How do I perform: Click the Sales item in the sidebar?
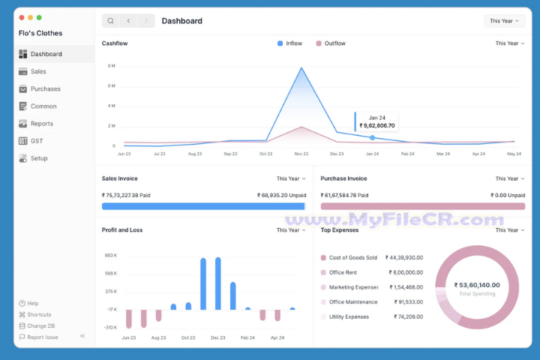(38, 71)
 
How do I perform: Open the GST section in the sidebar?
(37, 141)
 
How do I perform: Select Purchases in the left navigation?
(45, 88)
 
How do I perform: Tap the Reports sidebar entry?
(41, 124)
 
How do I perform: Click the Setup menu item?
(39, 158)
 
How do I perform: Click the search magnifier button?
(110, 21)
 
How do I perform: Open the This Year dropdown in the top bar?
(504, 21)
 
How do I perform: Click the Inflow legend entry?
(289, 43)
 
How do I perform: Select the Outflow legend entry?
(330, 43)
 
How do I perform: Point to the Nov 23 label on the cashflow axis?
(301, 154)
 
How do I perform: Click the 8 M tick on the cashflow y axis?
(111, 66)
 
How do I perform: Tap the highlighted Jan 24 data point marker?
(373, 138)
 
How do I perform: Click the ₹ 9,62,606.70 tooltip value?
(377, 126)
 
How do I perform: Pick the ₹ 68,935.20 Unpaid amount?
(281, 195)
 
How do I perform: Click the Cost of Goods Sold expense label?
(352, 257)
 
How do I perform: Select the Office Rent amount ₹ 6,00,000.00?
(404, 272)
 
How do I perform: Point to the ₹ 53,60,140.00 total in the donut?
(477, 285)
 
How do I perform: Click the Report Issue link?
(42, 337)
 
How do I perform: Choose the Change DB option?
(40, 326)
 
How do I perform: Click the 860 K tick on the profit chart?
(111, 256)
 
